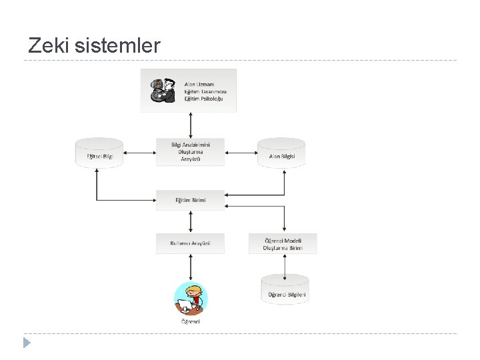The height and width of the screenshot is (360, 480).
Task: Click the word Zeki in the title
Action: click(49, 46)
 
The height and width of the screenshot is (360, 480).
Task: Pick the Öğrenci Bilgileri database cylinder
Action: click(285, 291)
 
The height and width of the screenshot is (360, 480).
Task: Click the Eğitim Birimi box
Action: click(191, 200)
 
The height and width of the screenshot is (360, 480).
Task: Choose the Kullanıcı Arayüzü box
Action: click(191, 243)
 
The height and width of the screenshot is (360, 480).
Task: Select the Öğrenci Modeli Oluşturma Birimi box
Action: click(283, 243)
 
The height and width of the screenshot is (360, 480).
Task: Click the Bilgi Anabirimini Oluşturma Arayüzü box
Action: click(191, 152)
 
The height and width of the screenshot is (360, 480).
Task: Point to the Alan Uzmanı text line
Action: click(199, 84)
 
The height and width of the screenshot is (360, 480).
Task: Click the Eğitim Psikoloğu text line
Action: click(203, 99)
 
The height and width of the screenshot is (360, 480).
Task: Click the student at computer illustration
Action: click(191, 298)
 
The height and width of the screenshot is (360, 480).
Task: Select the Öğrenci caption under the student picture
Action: click(191, 321)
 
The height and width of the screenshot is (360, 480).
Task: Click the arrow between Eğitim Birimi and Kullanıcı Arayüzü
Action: click(191, 222)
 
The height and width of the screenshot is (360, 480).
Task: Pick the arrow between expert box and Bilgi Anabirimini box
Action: click(191, 125)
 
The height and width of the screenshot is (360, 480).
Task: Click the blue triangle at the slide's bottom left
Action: click(26, 343)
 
